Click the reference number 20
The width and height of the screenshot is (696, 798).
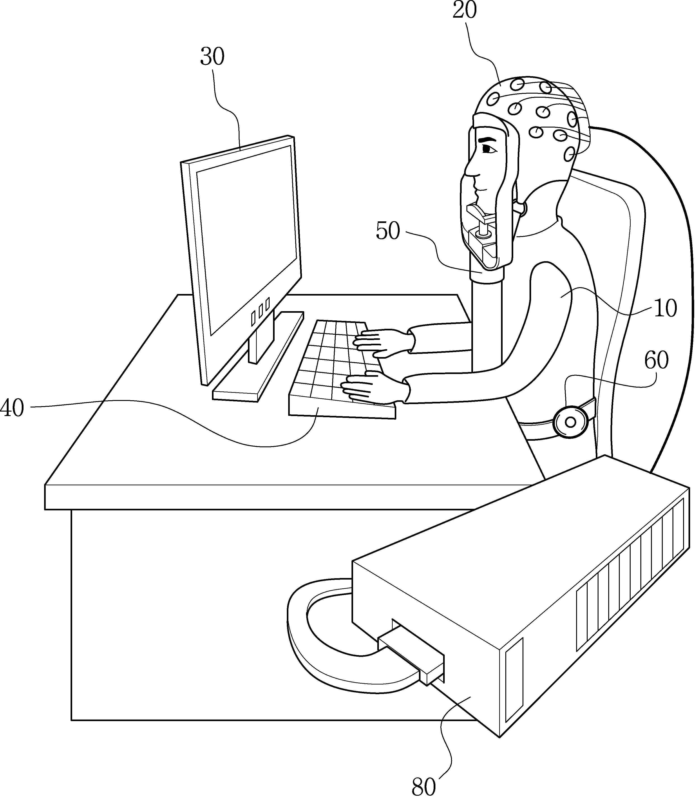[465, 11]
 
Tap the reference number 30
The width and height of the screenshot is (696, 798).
[212, 57]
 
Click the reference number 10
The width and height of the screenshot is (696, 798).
[666, 309]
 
